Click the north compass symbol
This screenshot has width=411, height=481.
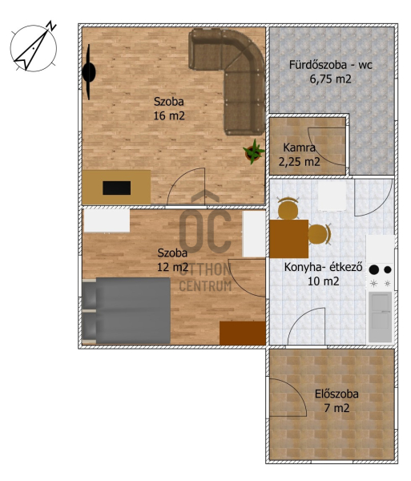point(34,46)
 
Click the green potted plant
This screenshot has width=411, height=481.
point(254,152)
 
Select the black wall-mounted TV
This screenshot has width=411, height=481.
point(89,72)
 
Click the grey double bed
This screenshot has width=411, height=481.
point(127,310)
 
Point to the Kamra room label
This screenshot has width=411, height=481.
point(299,148)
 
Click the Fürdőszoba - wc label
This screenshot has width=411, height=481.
point(330,65)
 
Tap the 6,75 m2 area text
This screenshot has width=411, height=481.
point(330,79)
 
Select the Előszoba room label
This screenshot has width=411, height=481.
point(336,394)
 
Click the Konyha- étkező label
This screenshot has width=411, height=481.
point(324,267)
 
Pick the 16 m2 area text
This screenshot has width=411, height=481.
point(169,116)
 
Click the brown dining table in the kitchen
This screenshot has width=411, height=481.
point(289,239)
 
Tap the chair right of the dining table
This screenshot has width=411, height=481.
point(320,234)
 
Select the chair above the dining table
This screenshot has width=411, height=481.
point(288,208)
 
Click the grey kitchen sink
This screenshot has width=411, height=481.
point(380,317)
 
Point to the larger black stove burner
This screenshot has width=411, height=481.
point(373,269)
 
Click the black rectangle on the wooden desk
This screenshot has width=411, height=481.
point(116,188)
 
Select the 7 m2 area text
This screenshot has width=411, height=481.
point(336,408)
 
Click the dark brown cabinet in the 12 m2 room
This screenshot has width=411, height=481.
point(243,333)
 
